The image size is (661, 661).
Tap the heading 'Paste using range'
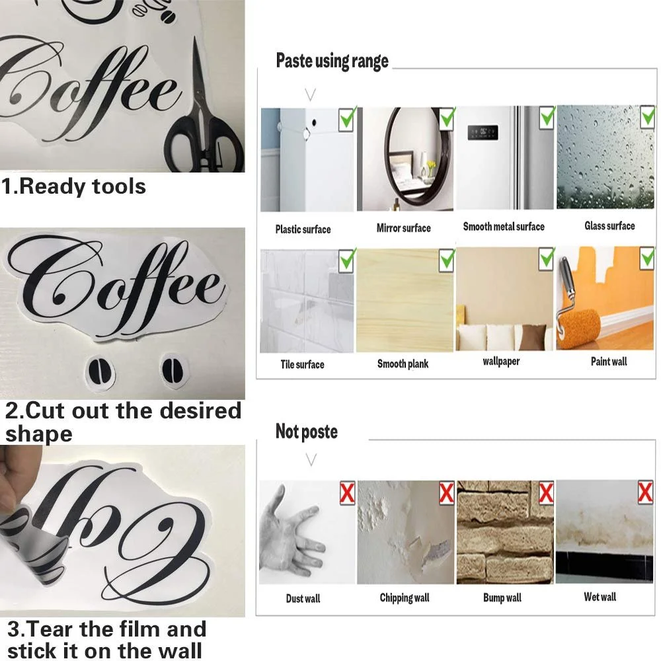pos(332,61)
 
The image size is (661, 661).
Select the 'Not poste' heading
pos(307,432)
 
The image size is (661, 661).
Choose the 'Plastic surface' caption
pos(303,229)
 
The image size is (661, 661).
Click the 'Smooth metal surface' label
pos(504,227)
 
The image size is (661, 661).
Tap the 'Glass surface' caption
pos(609,226)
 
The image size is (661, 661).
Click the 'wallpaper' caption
pos(501,362)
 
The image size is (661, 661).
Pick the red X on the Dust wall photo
pos(348,493)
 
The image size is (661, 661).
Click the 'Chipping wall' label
pos(405,598)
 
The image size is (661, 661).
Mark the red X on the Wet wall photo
pos(645,492)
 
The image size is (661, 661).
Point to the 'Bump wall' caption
pos(502,598)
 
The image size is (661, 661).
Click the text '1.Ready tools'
pos(73,187)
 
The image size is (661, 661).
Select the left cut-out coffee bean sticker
pos(100,371)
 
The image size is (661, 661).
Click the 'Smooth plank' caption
pos(403,364)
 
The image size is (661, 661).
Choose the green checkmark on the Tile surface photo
pos(348,260)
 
